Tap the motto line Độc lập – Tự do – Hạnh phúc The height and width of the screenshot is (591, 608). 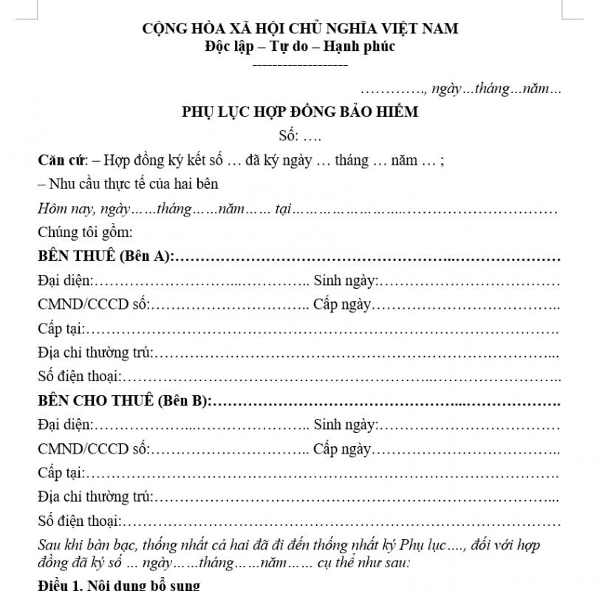(x=300, y=47)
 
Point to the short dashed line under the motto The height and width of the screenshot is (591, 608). (x=300, y=65)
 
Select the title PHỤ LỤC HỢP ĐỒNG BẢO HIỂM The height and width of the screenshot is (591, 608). (x=300, y=112)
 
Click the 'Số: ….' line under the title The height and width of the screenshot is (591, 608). (x=300, y=136)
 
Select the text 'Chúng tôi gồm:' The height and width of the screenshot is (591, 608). (x=85, y=233)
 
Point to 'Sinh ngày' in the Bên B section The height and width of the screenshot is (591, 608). (x=345, y=425)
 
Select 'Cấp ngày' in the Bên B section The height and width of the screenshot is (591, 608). (x=342, y=449)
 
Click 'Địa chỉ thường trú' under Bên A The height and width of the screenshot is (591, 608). (x=95, y=352)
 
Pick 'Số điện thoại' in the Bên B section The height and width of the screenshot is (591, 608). (x=78, y=521)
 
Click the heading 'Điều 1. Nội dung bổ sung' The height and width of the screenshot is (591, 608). (x=119, y=586)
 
